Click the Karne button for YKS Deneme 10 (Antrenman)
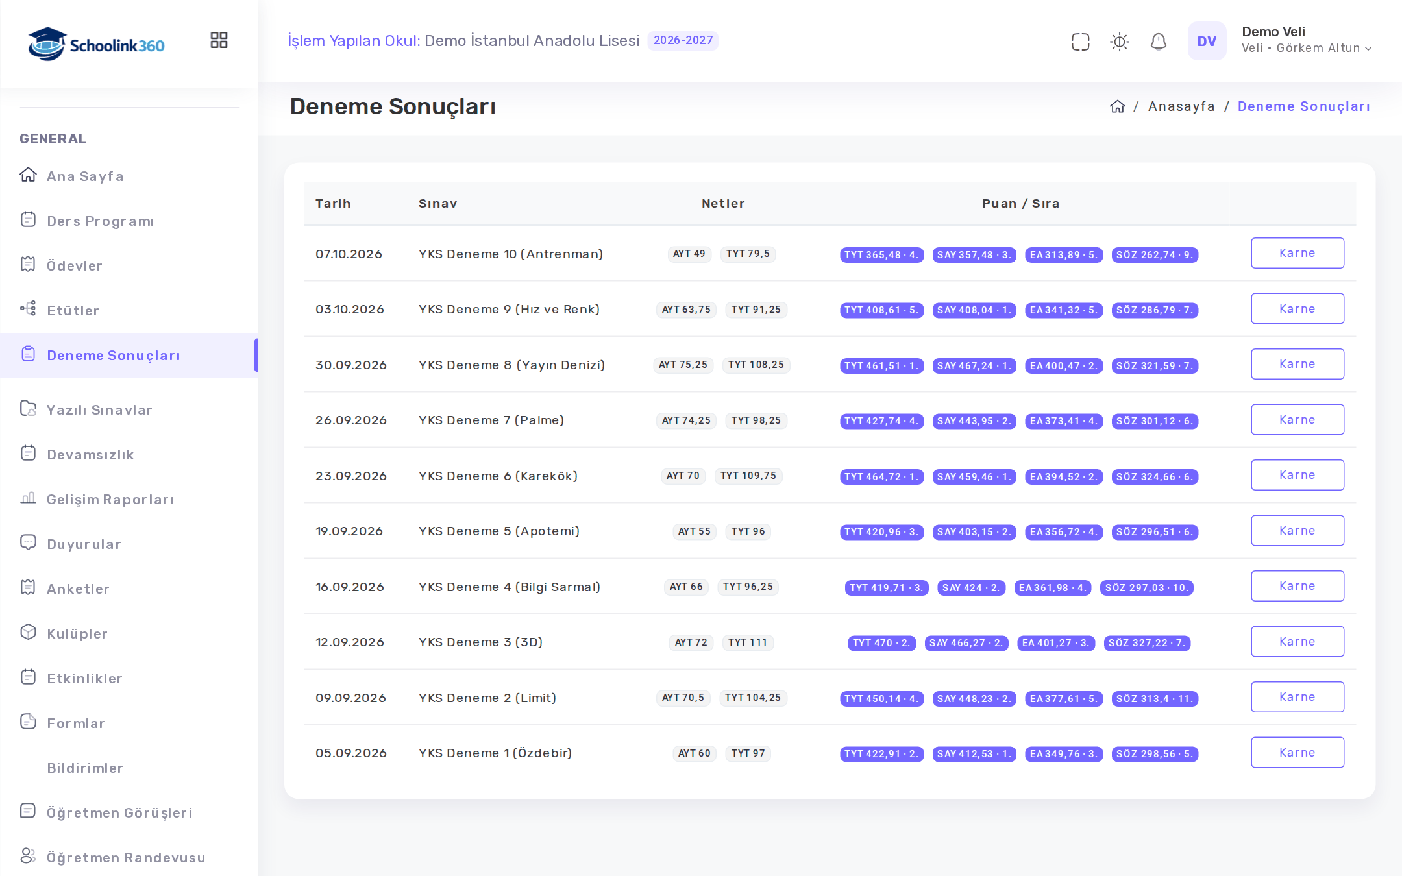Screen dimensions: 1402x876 tap(1297, 253)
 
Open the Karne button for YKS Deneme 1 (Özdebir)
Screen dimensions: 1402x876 tap(1297, 753)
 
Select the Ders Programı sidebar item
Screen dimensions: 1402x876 tap(100, 221)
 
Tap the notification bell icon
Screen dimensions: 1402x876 tap(1159, 42)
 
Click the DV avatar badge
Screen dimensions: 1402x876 tap(1207, 41)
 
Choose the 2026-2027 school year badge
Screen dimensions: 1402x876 tap(683, 40)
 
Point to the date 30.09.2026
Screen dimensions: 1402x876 tap(351, 365)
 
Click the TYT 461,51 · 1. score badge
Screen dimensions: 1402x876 tap(881, 366)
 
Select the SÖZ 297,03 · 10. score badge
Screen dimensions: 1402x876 tap(1146, 588)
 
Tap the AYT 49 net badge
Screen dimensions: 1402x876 tap(689, 254)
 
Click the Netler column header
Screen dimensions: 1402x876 tap(723, 204)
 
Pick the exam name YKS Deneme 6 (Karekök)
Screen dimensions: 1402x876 tap(498, 476)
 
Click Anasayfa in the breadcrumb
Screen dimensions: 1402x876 tap(1181, 106)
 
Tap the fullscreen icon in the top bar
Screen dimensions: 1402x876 tap(1081, 42)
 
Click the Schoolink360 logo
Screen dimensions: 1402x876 tap(96, 44)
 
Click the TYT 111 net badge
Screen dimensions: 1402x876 tap(748, 642)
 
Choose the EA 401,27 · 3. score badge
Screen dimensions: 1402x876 tap(1056, 643)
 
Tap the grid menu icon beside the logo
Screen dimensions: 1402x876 tap(219, 40)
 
